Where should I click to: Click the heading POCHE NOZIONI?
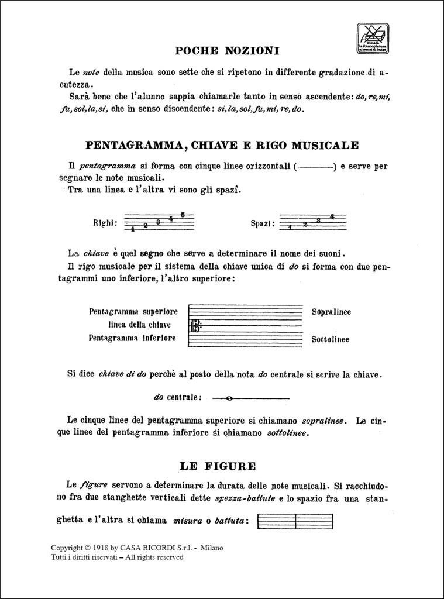227,51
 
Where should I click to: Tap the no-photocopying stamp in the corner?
373,39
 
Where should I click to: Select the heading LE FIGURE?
218,466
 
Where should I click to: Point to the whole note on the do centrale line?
229,398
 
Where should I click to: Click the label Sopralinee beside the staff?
331,312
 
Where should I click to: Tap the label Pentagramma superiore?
133,312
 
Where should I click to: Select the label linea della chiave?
139,325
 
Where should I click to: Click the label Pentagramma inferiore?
132,338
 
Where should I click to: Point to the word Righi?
105,223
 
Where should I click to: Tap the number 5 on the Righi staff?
183,214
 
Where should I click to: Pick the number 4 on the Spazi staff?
332,216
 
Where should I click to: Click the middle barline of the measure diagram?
295,521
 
